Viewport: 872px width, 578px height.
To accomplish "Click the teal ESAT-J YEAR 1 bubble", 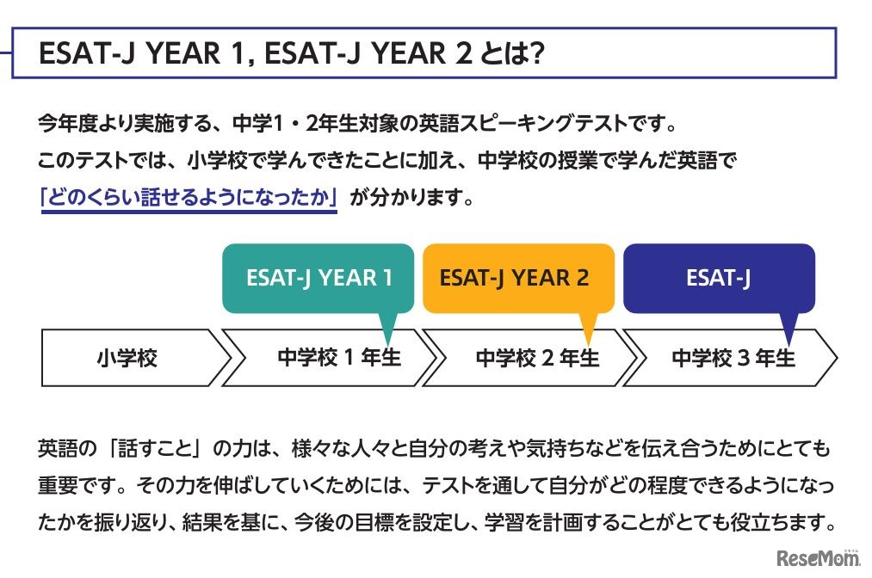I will click(319, 278).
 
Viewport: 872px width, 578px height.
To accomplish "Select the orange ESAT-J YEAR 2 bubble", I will click(517, 278).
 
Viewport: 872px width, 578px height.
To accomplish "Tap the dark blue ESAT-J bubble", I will click(718, 278).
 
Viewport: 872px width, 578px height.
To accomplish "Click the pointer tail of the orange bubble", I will click(589, 329).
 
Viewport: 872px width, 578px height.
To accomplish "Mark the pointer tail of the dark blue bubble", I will click(788, 329).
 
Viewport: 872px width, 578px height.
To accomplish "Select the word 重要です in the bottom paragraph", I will click(77, 485).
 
